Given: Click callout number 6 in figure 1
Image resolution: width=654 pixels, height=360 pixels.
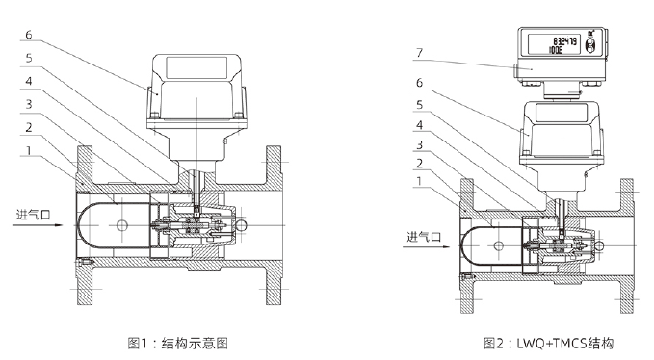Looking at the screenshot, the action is [28, 35].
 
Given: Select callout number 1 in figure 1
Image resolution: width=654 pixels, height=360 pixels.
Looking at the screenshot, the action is [28, 150].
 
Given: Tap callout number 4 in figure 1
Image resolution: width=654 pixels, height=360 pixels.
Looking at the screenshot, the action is [28, 81].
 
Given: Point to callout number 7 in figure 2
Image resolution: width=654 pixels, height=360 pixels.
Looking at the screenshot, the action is [420, 53].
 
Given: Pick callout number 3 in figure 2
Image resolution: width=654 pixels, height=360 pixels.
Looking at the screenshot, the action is [420, 144].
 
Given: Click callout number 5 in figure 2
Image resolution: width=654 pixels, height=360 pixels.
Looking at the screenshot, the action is [420, 105].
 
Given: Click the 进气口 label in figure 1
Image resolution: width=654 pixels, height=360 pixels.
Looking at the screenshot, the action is [34, 215].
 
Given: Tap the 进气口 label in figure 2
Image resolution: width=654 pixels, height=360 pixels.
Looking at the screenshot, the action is [424, 237].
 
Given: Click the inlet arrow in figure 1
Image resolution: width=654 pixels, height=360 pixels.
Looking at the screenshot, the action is [38, 225].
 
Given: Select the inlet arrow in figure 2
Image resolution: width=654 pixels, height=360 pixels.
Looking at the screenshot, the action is [427, 247].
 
